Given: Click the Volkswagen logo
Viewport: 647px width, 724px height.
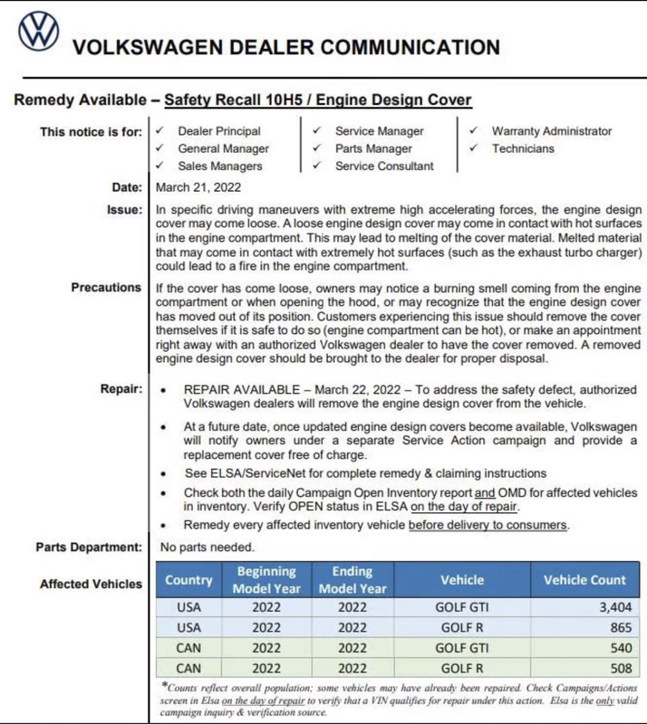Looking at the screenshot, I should tap(38, 32).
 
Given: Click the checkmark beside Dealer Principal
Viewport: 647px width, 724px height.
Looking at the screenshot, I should tap(160, 131).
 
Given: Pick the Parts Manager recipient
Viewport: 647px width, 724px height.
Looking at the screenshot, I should tap(373, 148).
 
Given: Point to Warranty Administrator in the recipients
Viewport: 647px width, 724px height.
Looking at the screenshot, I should tap(552, 131).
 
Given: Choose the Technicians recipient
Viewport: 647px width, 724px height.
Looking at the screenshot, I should tap(523, 148).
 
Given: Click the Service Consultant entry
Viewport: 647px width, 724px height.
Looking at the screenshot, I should tap(384, 166).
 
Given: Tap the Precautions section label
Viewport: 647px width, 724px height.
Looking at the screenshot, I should tap(106, 288).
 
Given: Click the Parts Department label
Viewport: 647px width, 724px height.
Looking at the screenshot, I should tap(89, 547).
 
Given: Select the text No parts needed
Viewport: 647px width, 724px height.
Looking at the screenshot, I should tap(208, 547).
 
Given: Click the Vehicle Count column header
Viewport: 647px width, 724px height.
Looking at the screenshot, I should tap(584, 580).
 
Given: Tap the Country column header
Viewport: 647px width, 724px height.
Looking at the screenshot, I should tap(188, 580).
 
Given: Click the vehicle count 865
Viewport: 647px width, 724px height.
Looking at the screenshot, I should tap(620, 627).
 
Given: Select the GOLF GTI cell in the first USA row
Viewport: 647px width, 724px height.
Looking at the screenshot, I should tap(462, 607).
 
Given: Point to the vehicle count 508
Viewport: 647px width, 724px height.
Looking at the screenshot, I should tap(620, 670).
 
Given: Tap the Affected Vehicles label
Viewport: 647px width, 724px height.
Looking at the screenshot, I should tap(91, 584).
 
